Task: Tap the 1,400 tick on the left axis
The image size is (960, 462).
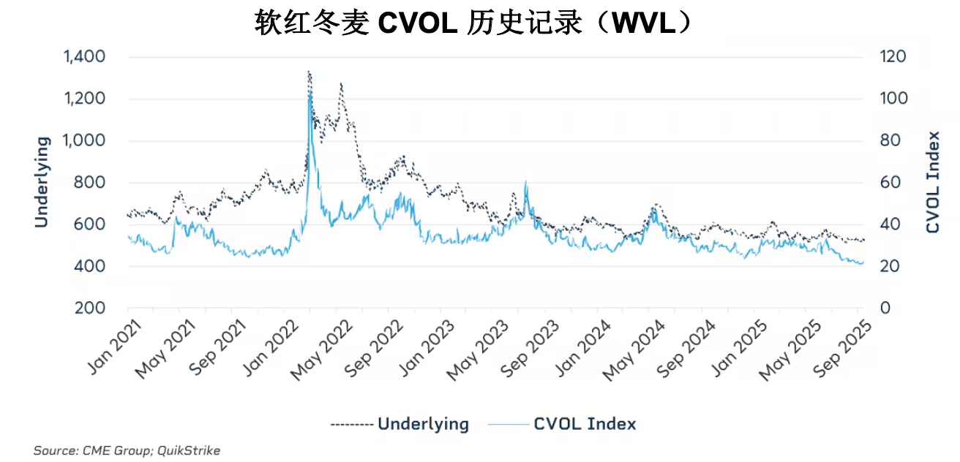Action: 85,57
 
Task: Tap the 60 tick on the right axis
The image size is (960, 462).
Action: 889,183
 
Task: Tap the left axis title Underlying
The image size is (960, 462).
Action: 42,182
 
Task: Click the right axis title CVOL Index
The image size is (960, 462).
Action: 933,182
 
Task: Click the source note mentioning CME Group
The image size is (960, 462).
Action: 127,450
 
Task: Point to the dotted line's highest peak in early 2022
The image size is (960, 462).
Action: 309,72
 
